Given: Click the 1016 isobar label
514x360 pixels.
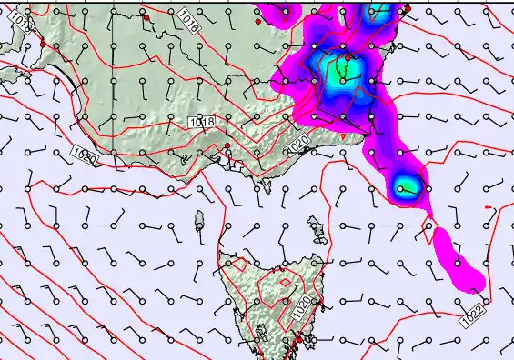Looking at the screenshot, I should click(187, 21).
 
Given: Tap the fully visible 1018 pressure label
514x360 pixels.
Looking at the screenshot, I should click(202, 122).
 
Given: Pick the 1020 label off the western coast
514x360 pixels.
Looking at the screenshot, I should click(85, 156).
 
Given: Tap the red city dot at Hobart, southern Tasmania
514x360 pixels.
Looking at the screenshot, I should click(298, 339).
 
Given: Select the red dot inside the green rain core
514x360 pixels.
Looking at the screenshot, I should click(348, 57).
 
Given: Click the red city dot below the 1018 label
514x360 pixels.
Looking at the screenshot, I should click(227, 145).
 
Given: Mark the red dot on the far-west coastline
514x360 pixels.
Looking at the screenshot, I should click(43, 44).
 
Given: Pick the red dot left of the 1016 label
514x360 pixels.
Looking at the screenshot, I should click(146, 17).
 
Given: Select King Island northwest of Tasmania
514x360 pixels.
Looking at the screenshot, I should click(199, 219).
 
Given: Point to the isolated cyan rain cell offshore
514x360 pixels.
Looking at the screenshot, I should click(406, 188).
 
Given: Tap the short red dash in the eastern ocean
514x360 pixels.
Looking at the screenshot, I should click(489, 208).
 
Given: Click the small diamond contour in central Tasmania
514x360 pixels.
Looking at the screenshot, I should click(285, 283).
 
